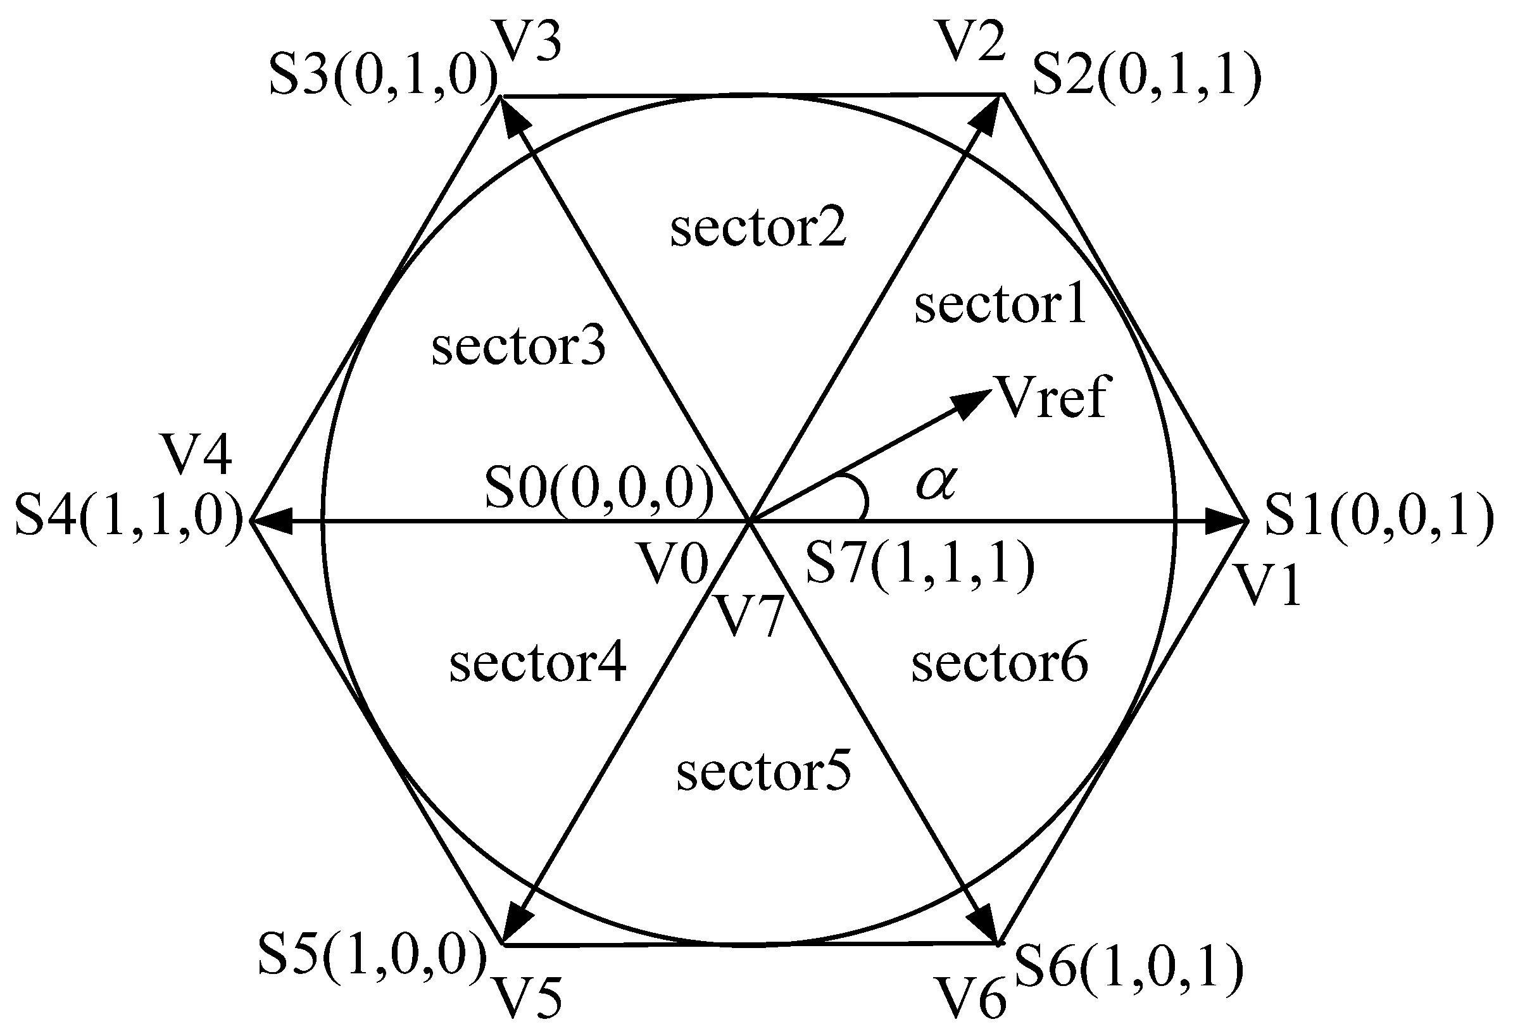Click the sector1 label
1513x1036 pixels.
tap(1000, 304)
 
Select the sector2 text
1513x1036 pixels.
tap(758, 228)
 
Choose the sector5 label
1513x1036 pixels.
tap(763, 773)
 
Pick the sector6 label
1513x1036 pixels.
tap(1000, 664)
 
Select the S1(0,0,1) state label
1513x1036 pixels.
tap(1379, 518)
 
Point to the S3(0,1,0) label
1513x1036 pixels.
tap(384, 78)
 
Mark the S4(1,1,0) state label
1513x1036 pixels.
tap(129, 518)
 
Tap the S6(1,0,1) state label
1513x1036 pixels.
tap(1129, 967)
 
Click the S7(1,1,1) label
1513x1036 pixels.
tap(920, 563)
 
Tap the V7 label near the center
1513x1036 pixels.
tap(748, 616)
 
